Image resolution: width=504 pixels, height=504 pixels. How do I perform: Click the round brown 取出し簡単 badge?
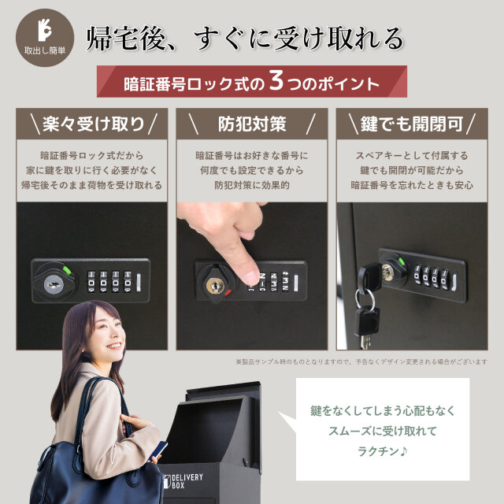click(45, 38)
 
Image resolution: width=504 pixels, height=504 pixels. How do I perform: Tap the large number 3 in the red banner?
click(276, 80)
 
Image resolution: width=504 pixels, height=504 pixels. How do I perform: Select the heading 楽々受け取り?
click(93, 124)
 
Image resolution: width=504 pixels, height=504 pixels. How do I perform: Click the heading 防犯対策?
click(252, 124)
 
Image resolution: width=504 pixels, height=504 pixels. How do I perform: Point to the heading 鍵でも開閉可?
click(412, 124)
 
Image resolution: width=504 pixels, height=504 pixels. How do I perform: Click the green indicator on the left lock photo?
click(67, 269)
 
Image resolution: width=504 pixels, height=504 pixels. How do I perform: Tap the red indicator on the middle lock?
click(228, 292)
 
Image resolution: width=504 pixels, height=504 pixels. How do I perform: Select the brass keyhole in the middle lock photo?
click(215, 285)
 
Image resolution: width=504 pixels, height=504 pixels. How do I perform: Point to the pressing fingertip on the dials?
click(251, 277)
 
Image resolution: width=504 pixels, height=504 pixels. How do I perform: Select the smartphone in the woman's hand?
click(157, 450)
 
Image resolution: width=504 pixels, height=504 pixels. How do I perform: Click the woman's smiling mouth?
click(114, 346)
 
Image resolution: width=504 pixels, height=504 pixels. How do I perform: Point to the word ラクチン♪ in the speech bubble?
click(383, 451)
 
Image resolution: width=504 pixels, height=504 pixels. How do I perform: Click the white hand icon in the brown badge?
click(45, 30)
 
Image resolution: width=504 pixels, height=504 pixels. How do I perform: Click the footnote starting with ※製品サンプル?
click(361, 362)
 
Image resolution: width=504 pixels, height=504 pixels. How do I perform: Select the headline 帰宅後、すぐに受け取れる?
click(245, 39)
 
